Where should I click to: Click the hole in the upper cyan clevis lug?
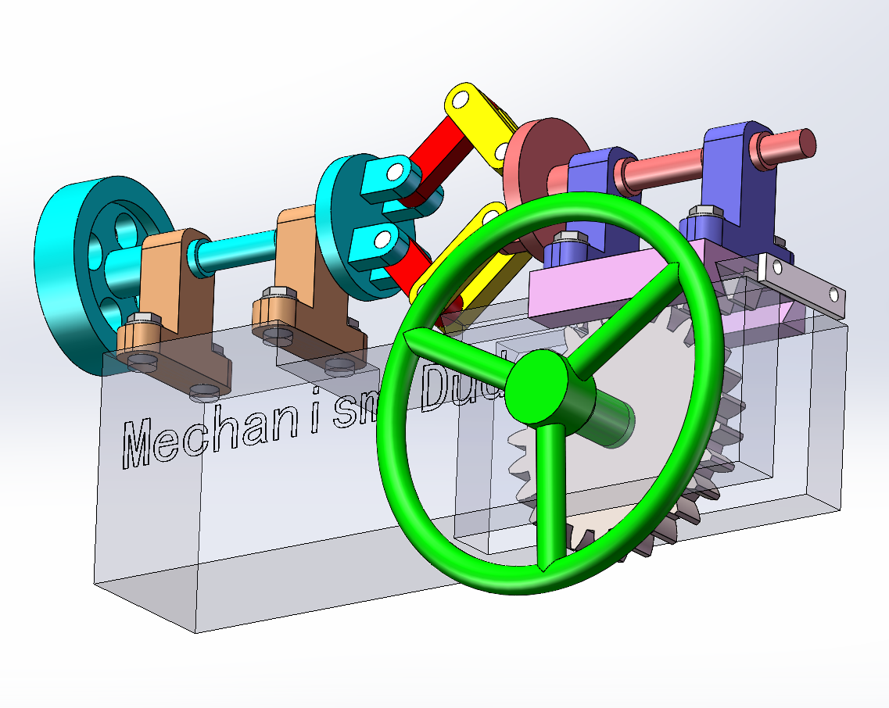coord(395,170)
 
